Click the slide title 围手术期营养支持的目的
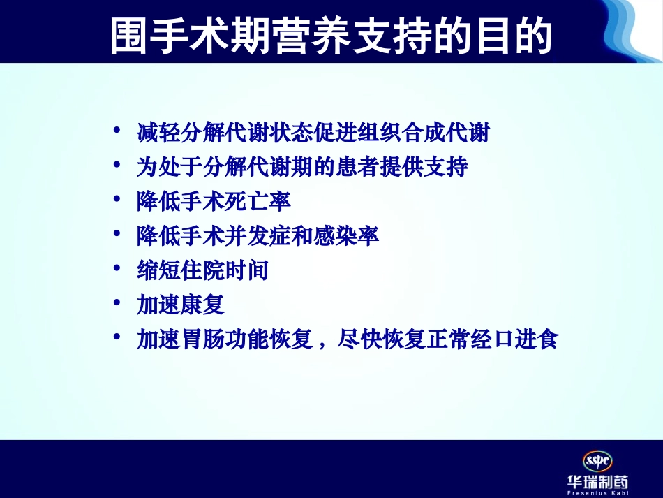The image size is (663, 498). [x=331, y=34]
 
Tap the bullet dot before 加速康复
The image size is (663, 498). [x=118, y=305]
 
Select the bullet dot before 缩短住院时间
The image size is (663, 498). [x=118, y=270]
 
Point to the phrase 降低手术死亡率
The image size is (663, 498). [x=214, y=203]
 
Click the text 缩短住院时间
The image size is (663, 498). [x=202, y=271]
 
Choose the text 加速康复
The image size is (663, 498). [x=181, y=306]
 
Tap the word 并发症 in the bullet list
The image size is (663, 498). [x=257, y=237]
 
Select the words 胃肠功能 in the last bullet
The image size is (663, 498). [x=225, y=340]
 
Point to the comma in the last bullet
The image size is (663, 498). [x=322, y=344]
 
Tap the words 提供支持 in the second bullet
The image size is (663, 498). [x=423, y=168]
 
